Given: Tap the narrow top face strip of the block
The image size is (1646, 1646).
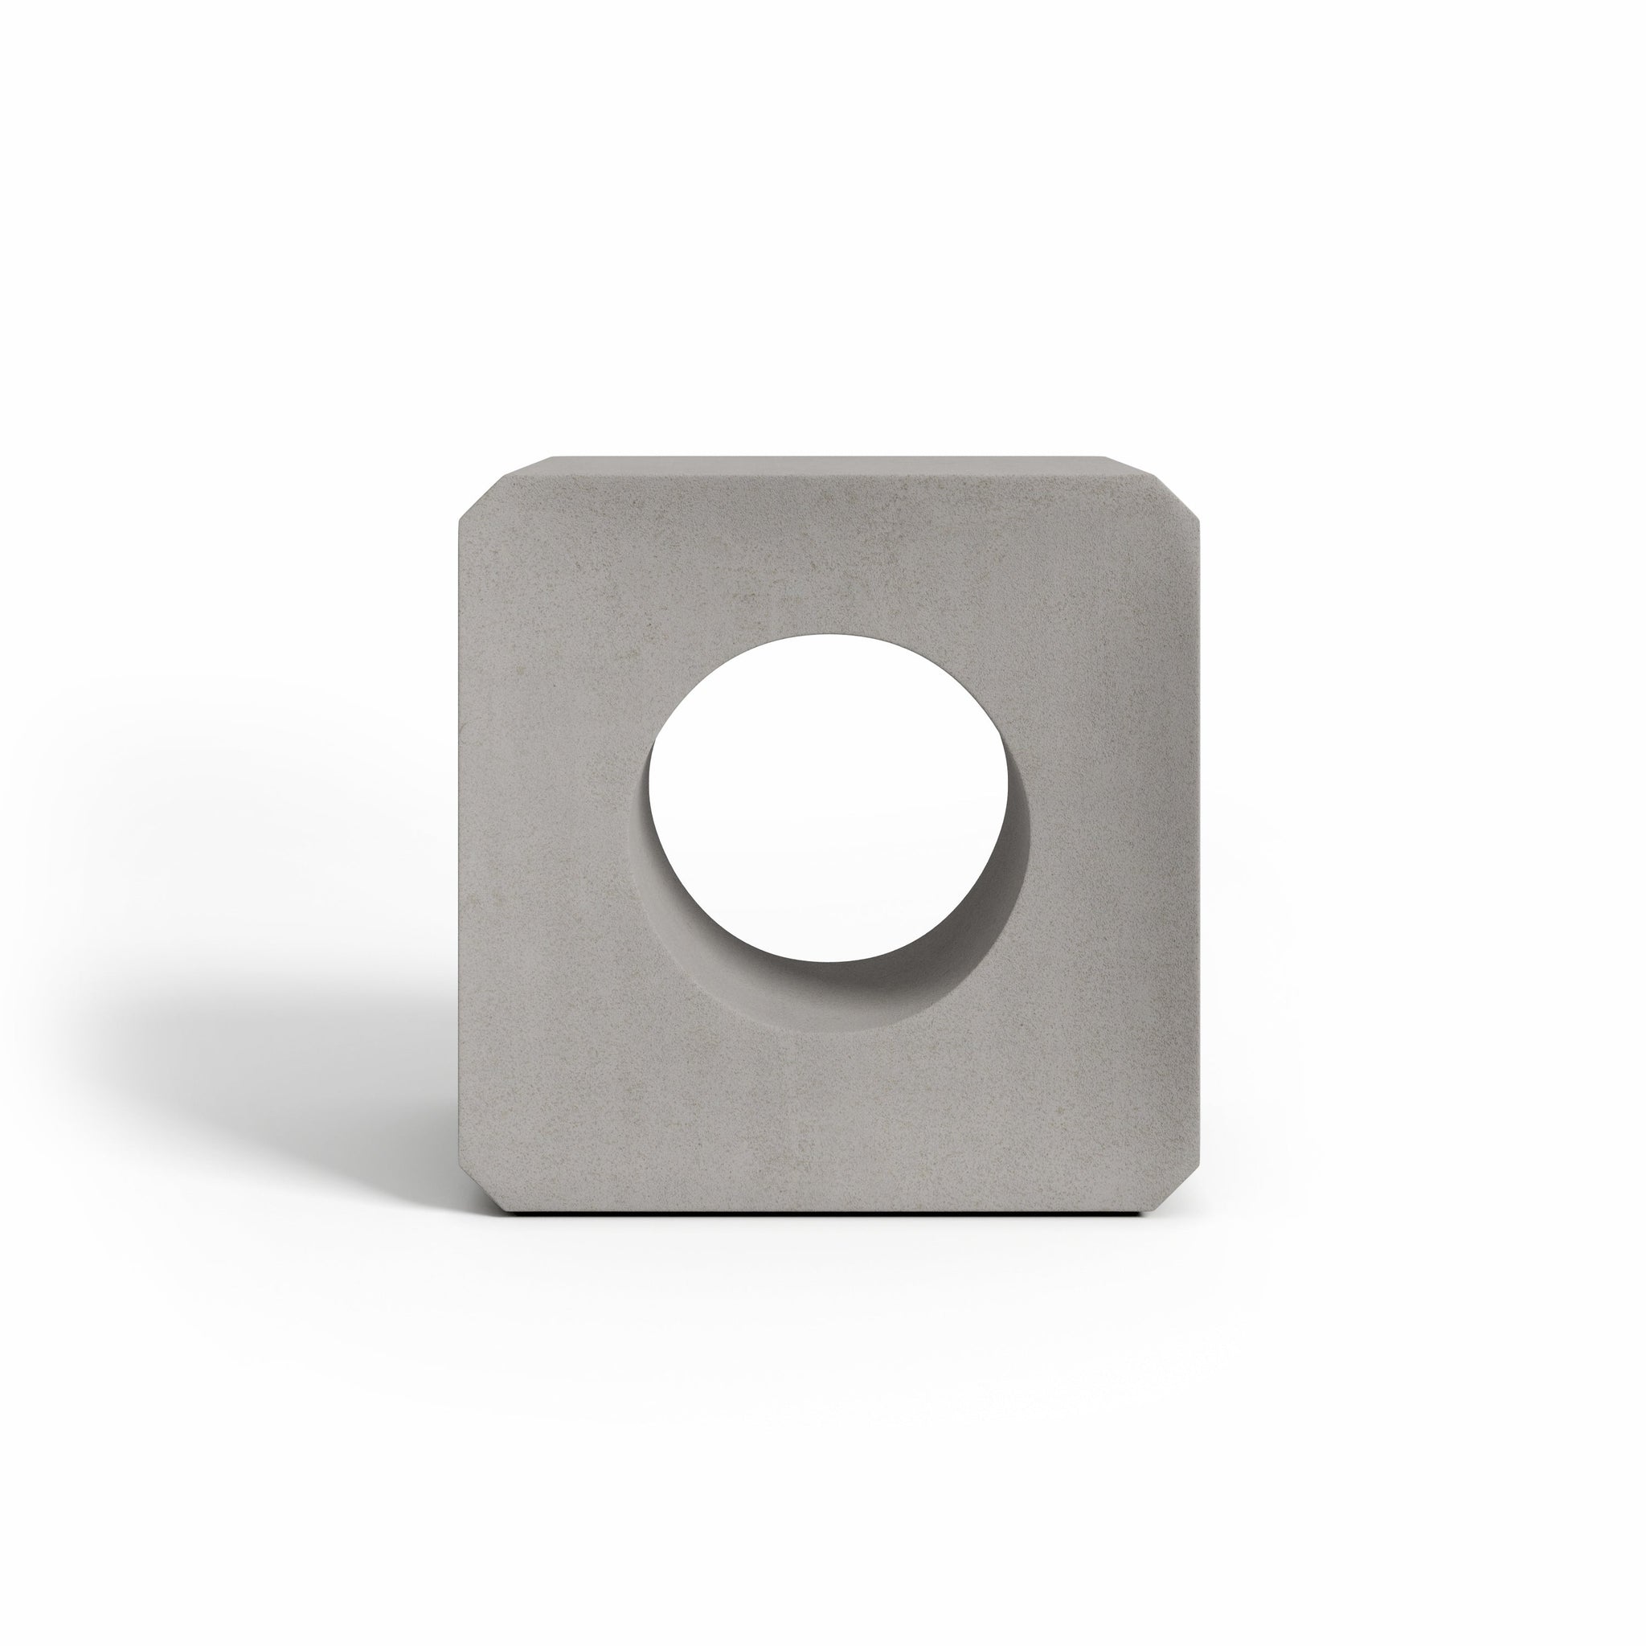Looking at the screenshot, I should [x=822, y=465].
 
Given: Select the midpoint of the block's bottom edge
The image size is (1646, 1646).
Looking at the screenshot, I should [x=822, y=1209].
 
